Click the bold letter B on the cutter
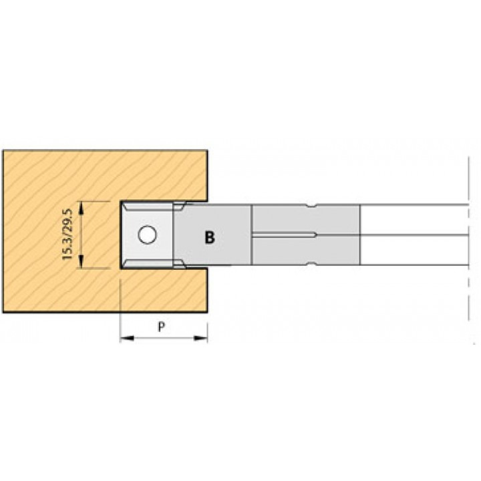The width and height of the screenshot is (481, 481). pyautogui.click(x=210, y=237)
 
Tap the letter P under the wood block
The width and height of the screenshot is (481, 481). pyautogui.click(x=162, y=327)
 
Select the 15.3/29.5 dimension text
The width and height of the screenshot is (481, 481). pyautogui.click(x=67, y=234)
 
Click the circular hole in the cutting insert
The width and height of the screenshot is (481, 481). pyautogui.click(x=147, y=234)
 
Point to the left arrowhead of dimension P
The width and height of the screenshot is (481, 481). pyautogui.click(x=126, y=338)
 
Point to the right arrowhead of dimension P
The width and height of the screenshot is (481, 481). pyautogui.click(x=201, y=338)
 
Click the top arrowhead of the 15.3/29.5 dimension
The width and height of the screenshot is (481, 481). pyautogui.click(x=81, y=208)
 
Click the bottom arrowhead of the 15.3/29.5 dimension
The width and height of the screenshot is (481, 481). pyautogui.click(x=81, y=261)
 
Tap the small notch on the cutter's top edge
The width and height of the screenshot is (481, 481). pyautogui.click(x=312, y=206)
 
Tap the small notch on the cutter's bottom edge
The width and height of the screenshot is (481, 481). pyautogui.click(x=312, y=263)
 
